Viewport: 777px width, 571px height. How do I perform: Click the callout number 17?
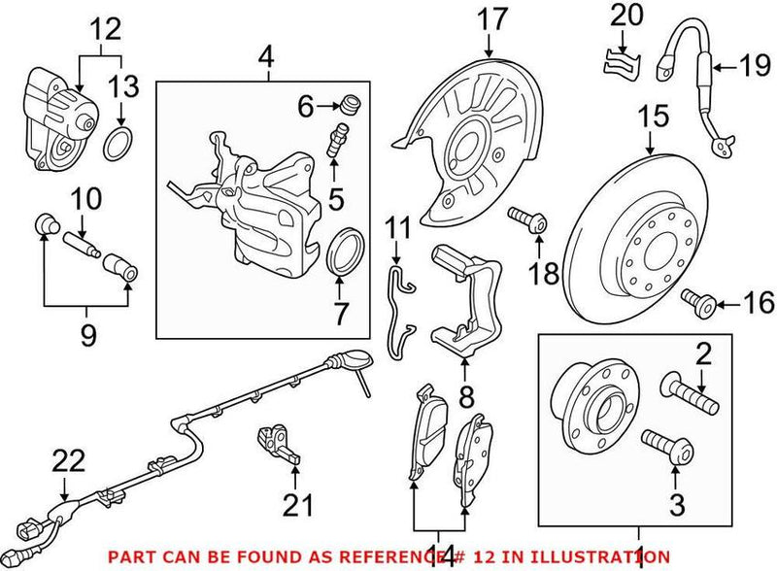[x=492, y=17]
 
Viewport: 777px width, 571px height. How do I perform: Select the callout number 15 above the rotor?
[x=655, y=118]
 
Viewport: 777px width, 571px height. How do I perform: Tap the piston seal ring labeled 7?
[x=341, y=251]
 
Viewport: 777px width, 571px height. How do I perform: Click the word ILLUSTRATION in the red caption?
[x=598, y=557]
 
